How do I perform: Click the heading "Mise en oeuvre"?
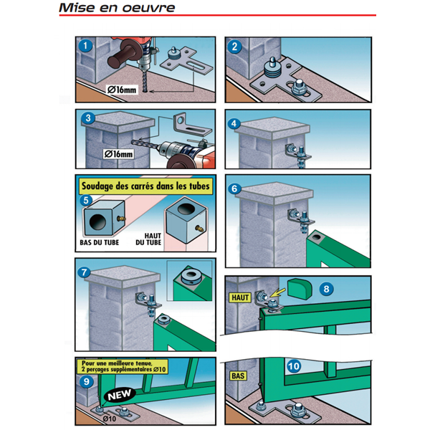click(117, 8)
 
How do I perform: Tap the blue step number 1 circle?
click(85, 46)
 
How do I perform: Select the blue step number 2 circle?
click(234, 47)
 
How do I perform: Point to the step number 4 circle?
click(234, 124)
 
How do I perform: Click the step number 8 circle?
click(326, 289)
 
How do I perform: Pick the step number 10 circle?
click(294, 366)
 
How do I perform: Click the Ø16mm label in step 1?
click(122, 90)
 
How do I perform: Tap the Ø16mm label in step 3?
click(118, 154)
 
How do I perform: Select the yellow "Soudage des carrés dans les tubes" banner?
click(145, 186)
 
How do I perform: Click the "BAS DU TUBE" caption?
click(100, 242)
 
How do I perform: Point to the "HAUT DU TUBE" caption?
click(148, 239)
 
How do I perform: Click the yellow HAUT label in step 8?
click(240, 297)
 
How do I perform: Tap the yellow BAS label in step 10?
click(238, 376)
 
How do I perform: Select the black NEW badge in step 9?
click(120, 395)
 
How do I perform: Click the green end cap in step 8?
click(300, 289)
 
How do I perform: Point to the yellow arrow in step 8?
click(277, 292)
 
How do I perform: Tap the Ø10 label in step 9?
click(110, 419)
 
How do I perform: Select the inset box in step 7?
click(189, 281)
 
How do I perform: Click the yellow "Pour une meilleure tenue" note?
click(123, 366)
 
